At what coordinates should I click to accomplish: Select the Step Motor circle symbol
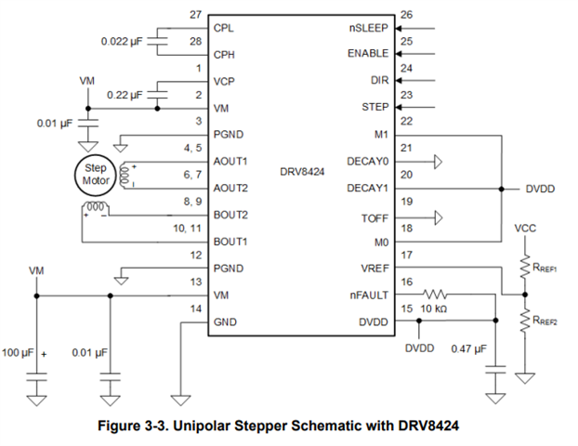tap(92, 174)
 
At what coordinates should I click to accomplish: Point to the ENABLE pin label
tap(368, 54)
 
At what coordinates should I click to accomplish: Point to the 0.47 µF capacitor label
tap(468, 349)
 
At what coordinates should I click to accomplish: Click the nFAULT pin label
tap(369, 295)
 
